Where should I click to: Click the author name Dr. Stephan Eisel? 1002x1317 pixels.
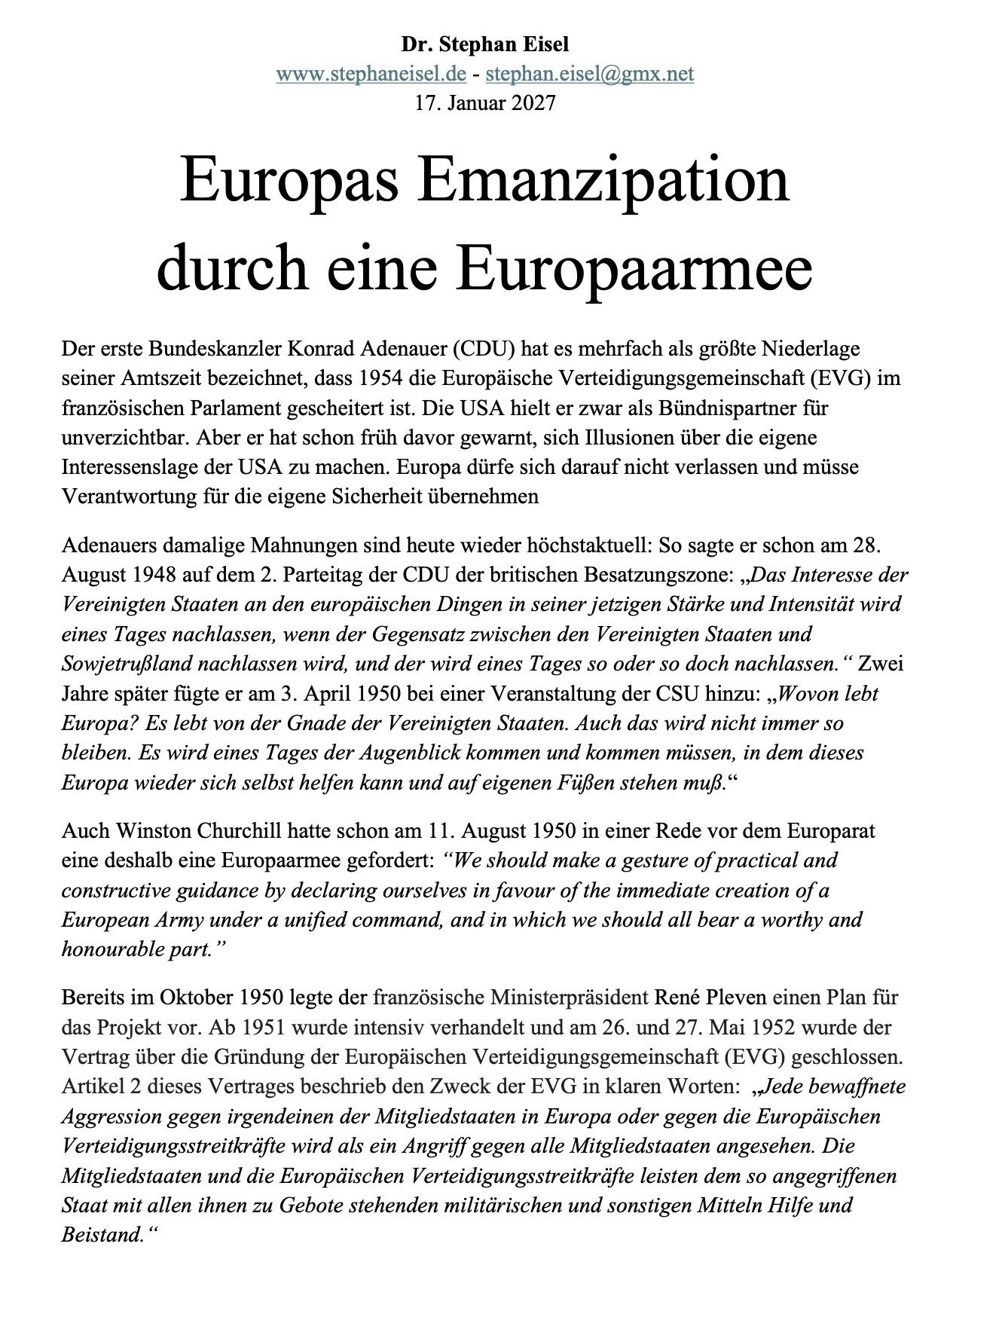484,44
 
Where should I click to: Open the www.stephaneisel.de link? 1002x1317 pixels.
371,74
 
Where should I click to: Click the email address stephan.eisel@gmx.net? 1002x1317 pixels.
590,74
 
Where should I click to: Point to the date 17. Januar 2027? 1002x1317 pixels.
485,102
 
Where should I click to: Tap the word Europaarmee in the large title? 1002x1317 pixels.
634,269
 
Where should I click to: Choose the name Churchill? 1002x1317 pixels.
239,831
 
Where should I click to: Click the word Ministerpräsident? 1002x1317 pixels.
570,998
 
